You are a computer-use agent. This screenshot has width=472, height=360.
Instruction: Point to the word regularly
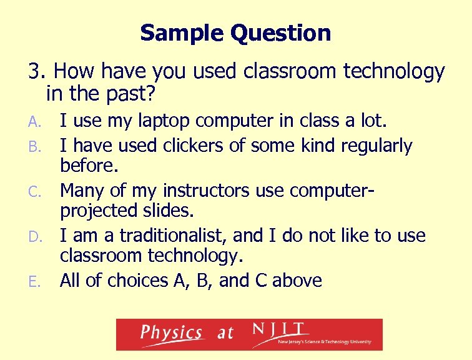376,146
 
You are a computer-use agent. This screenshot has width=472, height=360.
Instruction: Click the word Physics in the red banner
170,333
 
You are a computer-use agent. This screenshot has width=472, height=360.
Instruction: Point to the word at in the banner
225,334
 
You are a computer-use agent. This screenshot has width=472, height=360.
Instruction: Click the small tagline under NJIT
325,342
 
